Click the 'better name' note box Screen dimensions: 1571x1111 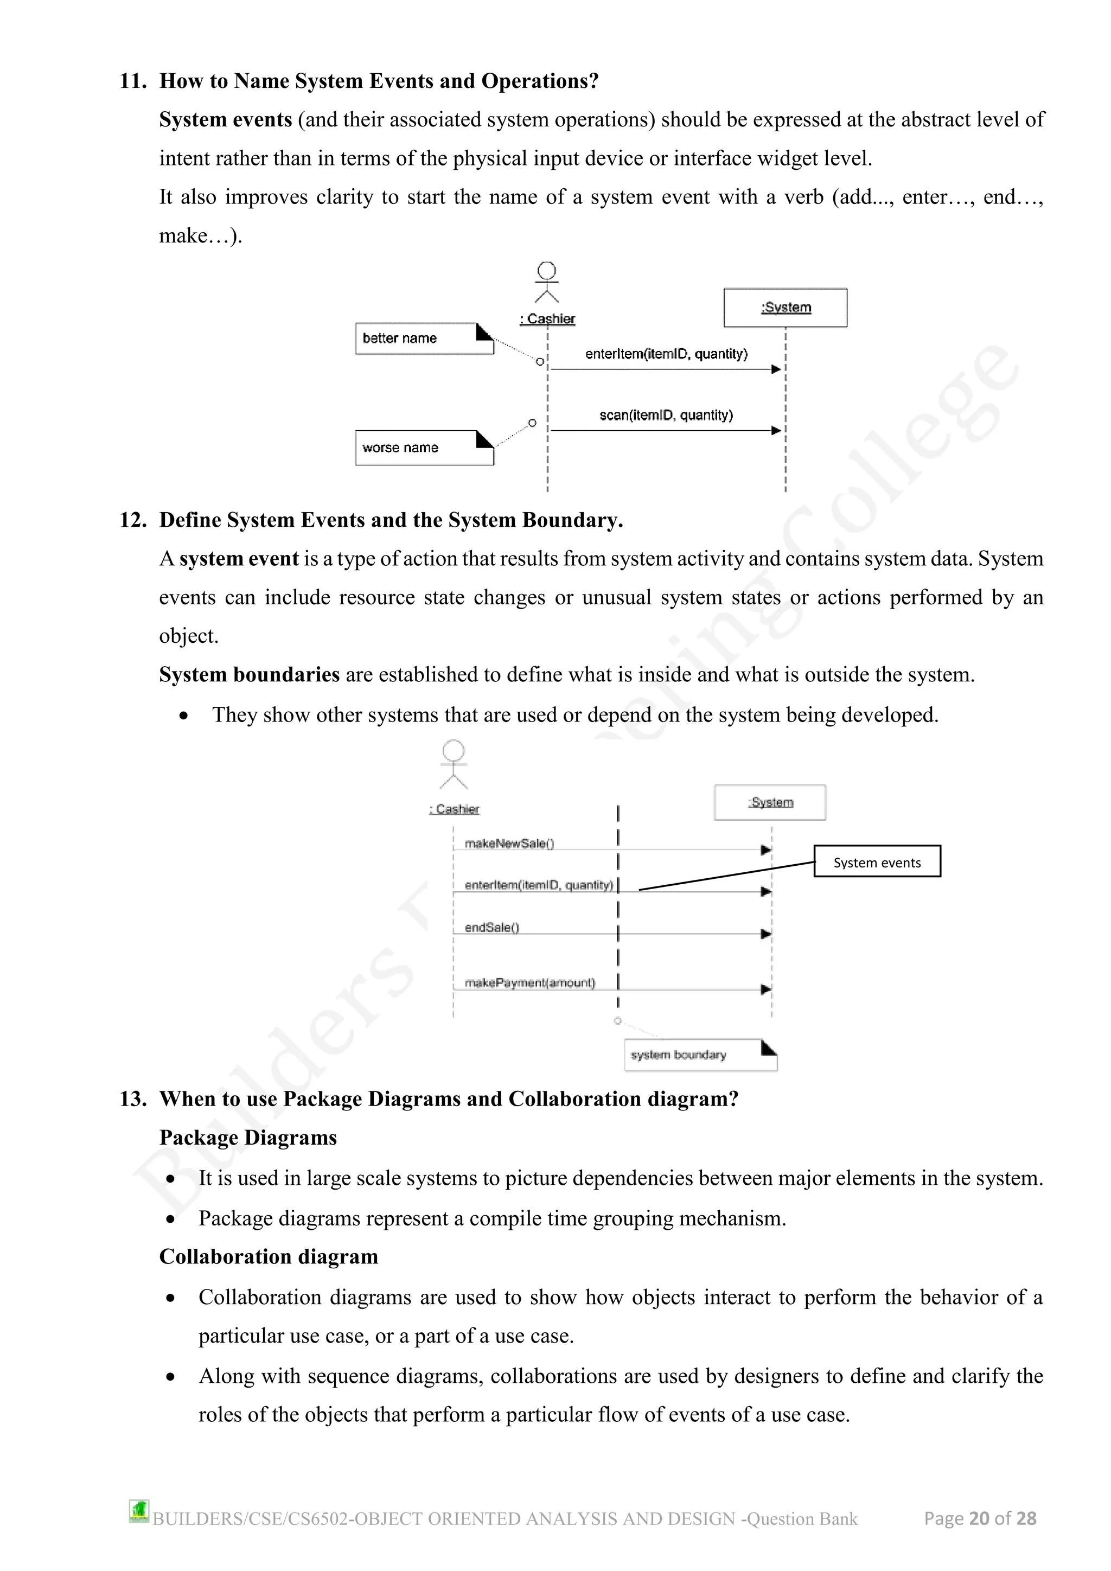pyautogui.click(x=424, y=339)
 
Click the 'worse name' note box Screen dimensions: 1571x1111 pyautogui.click(x=424, y=448)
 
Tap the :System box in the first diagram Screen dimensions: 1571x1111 pyautogui.click(x=786, y=308)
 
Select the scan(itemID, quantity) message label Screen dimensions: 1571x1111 pyautogui.click(x=666, y=416)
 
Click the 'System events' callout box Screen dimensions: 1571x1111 pyautogui.click(x=877, y=862)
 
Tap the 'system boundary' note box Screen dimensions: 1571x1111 pyautogui.click(x=699, y=1055)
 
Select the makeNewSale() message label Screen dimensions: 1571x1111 pyautogui.click(x=509, y=844)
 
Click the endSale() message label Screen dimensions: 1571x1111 pyautogui.click(x=492, y=927)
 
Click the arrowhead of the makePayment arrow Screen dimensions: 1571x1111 pyautogui.click(x=766, y=989)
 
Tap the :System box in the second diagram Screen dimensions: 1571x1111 pyautogui.click(x=770, y=803)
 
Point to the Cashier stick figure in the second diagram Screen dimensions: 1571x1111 pyautogui.click(x=454, y=765)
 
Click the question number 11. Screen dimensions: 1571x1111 pyautogui.click(x=133, y=81)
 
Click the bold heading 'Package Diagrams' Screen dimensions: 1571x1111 pyautogui.click(x=248, y=1138)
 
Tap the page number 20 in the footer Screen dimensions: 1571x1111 pyautogui.click(x=979, y=1518)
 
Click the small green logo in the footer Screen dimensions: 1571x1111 pyautogui.click(x=139, y=1511)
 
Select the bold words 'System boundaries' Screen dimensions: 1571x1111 pyautogui.click(x=249, y=675)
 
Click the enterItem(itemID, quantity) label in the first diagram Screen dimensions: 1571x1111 pyautogui.click(x=666, y=354)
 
